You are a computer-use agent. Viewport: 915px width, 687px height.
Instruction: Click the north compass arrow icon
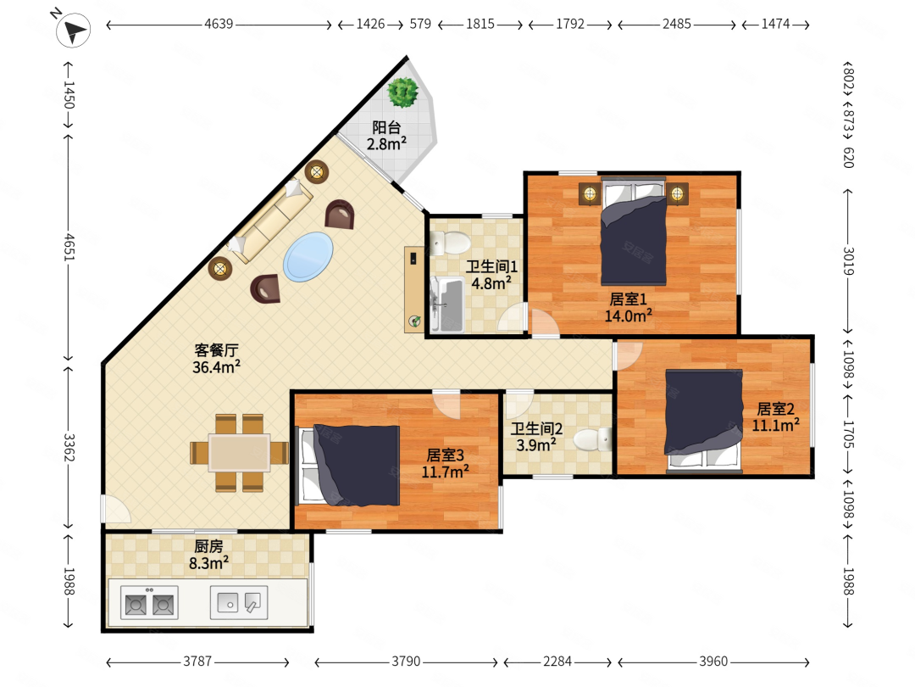coord(73,30)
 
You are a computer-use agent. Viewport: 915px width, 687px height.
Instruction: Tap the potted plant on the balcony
coord(402,92)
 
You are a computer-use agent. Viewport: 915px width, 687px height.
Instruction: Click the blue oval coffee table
coord(308,257)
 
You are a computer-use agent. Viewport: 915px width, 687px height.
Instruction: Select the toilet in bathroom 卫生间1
coord(450,243)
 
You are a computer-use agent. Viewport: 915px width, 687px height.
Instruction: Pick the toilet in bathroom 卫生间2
coord(592,439)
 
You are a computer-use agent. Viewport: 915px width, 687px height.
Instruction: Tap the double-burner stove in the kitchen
coord(149,603)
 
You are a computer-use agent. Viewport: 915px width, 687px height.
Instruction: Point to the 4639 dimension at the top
coord(219,24)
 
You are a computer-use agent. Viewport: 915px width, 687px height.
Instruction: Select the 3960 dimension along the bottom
coord(713,662)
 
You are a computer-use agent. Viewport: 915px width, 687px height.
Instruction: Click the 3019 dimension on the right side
coord(848,261)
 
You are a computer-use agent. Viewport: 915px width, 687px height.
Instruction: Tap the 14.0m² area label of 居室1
coord(628,316)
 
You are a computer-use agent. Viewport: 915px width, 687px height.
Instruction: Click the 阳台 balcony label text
coord(386,126)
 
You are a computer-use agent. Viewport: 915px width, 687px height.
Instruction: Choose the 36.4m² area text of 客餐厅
coord(216,367)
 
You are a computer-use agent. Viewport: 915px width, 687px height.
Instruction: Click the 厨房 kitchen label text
coord(208,546)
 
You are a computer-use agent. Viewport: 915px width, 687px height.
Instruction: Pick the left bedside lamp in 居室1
coord(590,193)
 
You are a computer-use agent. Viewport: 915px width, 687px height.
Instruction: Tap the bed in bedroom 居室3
coord(349,466)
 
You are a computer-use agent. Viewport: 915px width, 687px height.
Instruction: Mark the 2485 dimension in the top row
coord(677,24)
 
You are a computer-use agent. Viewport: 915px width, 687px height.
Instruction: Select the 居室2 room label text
coord(775,408)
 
